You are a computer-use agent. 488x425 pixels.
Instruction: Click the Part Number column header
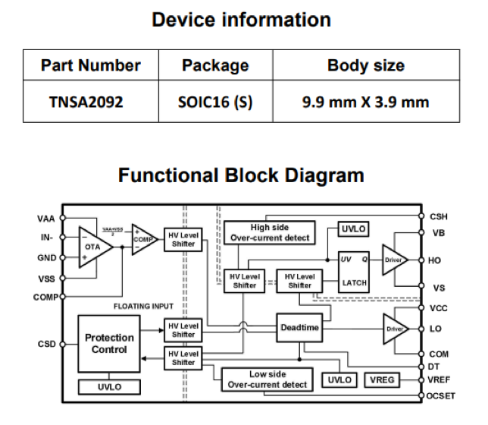(x=90, y=66)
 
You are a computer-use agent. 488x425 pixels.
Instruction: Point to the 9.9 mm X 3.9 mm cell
(x=365, y=102)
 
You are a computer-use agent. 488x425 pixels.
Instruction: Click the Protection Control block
(x=110, y=344)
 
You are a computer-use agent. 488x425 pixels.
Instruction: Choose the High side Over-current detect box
(x=271, y=232)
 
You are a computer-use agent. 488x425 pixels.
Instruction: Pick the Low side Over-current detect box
(x=267, y=379)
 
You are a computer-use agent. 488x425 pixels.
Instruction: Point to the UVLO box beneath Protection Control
(x=109, y=387)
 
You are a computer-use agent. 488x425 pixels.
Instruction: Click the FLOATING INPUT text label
(x=144, y=307)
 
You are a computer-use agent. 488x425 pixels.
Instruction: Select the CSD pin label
(x=46, y=343)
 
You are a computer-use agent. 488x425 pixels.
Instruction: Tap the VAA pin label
(x=45, y=219)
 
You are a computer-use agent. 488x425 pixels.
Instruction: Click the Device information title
(x=242, y=19)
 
